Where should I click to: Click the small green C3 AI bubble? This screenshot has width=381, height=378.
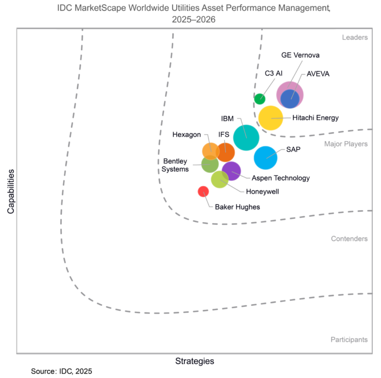click(259, 98)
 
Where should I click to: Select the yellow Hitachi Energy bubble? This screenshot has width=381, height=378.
click(271, 118)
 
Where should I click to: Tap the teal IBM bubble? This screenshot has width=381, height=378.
click(246, 138)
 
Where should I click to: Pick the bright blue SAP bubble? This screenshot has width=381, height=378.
click(265, 157)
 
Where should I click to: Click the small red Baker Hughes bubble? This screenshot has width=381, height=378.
click(203, 191)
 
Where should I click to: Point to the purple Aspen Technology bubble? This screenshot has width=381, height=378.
click(232, 171)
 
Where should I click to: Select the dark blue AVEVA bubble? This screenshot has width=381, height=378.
click(290, 98)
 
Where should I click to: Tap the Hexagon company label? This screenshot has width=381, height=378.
click(187, 135)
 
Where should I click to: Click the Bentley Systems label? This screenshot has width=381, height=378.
click(176, 165)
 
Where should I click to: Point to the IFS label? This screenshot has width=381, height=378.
click(224, 135)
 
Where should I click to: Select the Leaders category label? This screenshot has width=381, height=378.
click(354, 37)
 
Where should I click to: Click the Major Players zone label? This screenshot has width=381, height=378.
click(346, 144)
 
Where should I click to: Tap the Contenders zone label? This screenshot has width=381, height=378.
click(349, 239)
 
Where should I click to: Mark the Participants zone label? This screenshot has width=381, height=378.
click(349, 340)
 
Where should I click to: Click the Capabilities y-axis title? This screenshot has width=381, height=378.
click(10, 191)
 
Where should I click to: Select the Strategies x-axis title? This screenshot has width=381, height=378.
click(194, 361)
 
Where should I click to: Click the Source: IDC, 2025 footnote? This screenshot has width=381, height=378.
click(62, 372)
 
